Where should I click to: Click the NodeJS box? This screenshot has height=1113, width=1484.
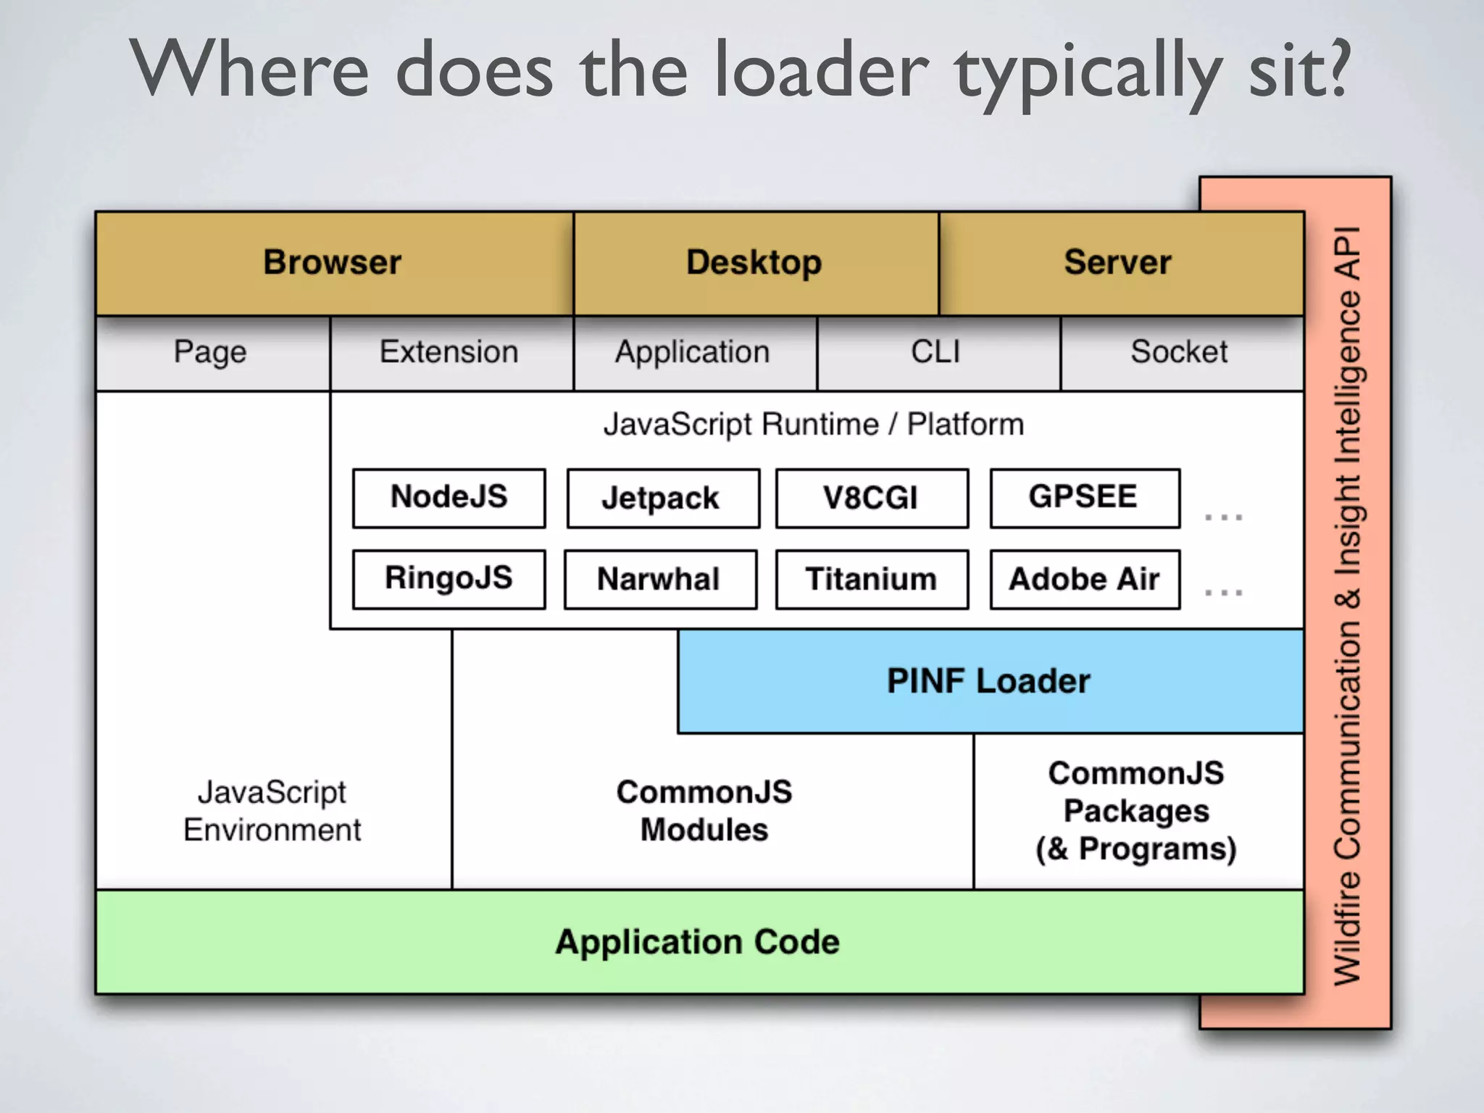449,498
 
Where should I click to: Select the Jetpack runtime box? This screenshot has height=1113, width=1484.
663,498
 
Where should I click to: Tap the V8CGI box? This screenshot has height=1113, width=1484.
872,498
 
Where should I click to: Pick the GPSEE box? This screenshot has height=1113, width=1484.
1085,498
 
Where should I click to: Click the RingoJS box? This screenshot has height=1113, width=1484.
449,579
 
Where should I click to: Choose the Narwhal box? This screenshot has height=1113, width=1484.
660,579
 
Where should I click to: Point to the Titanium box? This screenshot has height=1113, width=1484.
872,579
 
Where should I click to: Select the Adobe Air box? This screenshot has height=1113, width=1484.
1085,579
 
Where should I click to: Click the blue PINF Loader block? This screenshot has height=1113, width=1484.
990,681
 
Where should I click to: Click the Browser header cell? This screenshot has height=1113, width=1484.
333,262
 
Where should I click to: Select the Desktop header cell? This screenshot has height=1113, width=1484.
755,262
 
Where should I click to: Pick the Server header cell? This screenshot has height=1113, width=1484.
1119,262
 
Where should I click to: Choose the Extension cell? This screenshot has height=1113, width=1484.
450,353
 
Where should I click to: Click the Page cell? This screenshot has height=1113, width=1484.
211,353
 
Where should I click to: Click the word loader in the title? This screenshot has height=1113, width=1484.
820,71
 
